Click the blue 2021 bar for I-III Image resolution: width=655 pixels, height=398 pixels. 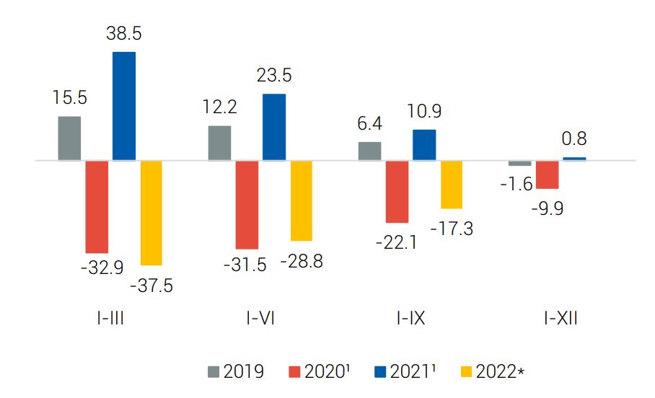click(x=124, y=106)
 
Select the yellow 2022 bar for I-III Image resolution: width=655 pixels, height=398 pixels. click(x=151, y=213)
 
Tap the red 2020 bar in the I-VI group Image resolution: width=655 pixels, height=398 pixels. click(x=247, y=205)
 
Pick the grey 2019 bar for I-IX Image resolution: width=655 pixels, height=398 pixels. click(x=369, y=151)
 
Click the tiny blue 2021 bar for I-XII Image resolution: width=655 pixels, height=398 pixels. click(x=574, y=159)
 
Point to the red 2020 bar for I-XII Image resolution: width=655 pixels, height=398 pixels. click(x=547, y=174)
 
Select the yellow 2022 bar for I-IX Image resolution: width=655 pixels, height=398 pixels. click(x=452, y=185)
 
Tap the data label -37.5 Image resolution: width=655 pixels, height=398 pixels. click(x=151, y=285)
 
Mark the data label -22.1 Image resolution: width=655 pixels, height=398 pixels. click(x=397, y=242)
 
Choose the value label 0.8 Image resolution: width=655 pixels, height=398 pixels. click(x=575, y=138)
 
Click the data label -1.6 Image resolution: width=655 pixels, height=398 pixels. click(x=516, y=185)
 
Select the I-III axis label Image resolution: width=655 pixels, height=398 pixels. click(x=109, y=318)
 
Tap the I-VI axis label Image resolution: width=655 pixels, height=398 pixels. click(x=260, y=318)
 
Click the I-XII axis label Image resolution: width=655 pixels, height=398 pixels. click(x=561, y=318)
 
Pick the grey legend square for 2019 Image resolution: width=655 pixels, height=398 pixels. click(x=214, y=372)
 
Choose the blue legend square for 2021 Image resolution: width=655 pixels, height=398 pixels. click(x=380, y=372)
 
